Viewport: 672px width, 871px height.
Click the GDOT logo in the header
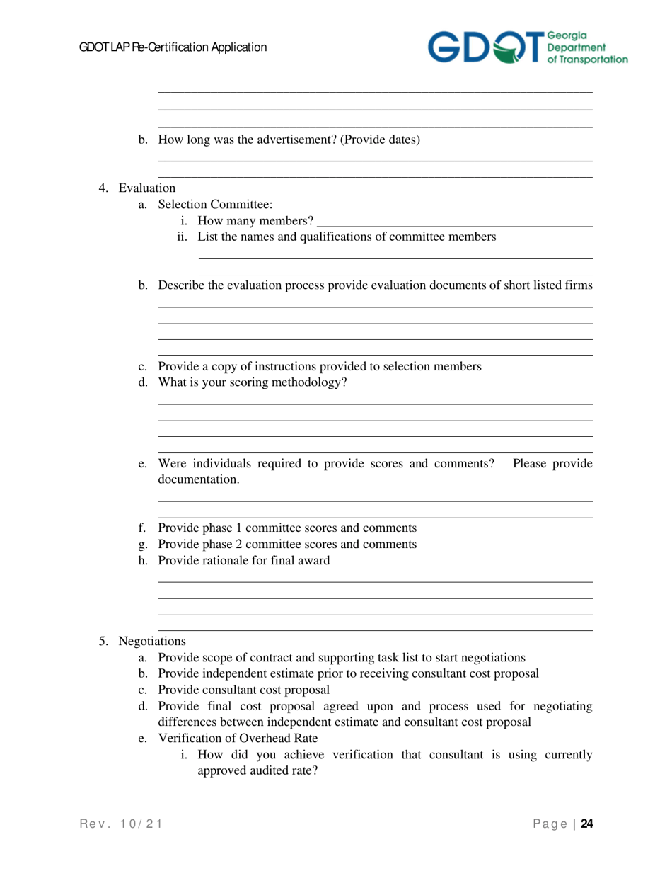point(526,47)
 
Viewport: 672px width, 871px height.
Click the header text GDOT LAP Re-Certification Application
point(173,47)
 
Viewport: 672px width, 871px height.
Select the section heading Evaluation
point(146,188)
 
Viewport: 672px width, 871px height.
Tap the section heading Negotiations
point(152,641)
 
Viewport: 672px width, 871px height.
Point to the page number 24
point(586,824)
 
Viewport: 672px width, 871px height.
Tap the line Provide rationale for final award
point(243,561)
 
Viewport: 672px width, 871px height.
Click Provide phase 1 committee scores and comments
point(286,528)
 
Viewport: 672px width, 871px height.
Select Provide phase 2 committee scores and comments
point(286,545)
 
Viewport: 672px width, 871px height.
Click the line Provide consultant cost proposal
point(243,690)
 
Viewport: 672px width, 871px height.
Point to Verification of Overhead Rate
point(238,739)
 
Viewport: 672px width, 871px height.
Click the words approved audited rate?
point(257,771)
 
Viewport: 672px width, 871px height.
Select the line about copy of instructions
point(320,367)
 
